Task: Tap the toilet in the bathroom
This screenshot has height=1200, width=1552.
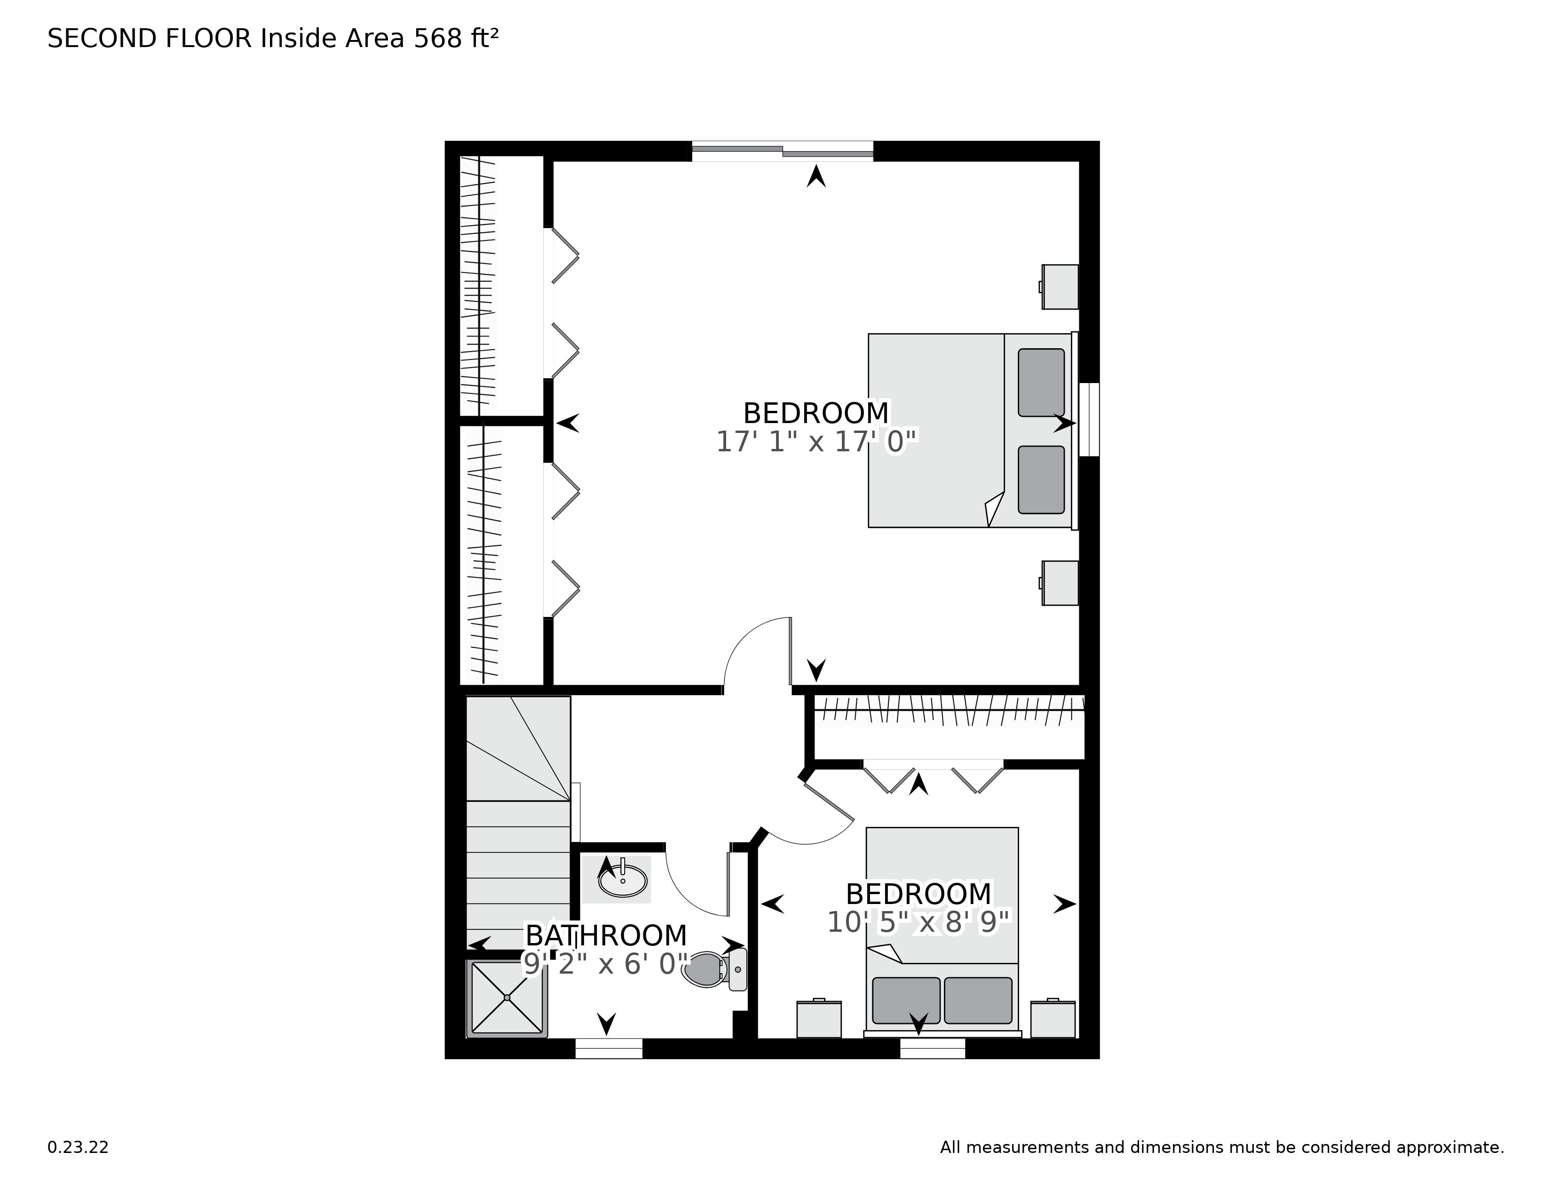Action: coord(714,969)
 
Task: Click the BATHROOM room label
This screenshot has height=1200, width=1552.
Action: coord(606,935)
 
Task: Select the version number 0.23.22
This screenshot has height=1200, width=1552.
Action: coord(78,1147)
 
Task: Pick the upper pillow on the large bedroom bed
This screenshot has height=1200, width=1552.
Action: coord(1041,383)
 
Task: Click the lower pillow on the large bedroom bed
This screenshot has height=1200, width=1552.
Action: coord(1041,480)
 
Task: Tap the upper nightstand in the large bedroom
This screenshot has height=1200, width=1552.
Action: coord(1060,287)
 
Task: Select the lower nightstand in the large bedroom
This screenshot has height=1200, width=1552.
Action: coord(1060,583)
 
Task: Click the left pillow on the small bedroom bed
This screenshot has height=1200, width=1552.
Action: coord(906,1000)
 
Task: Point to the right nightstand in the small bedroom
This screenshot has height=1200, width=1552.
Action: coord(1053,1019)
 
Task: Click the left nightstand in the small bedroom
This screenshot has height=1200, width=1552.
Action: coord(819,1019)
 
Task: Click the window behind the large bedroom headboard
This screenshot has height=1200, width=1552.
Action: coord(1089,419)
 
